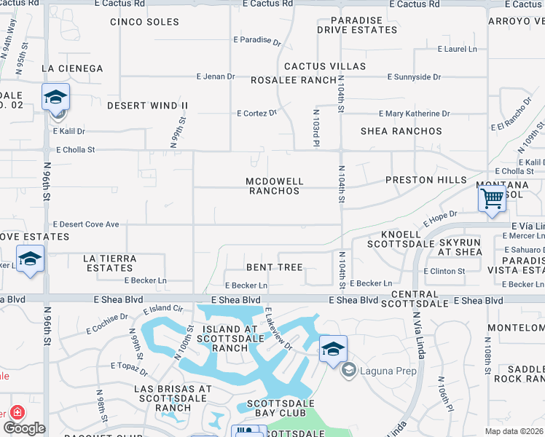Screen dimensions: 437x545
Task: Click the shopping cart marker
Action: pos(493,198)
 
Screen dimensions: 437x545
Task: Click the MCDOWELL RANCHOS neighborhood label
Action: pos(274,186)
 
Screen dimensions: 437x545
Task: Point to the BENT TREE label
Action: pos(274,267)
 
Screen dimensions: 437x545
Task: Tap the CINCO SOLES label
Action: pos(145,22)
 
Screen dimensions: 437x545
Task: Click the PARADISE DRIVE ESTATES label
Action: pos(357,25)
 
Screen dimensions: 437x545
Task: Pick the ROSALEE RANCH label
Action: pos(294,80)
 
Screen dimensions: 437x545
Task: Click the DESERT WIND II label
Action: pos(147,106)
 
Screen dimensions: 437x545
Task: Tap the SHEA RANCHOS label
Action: pos(401,131)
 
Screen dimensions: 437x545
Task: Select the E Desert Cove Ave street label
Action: pos(86,224)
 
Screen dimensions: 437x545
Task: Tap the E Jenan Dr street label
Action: pos(216,76)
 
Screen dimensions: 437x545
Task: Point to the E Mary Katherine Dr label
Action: pos(415,114)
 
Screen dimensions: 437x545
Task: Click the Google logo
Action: pos(24,428)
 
